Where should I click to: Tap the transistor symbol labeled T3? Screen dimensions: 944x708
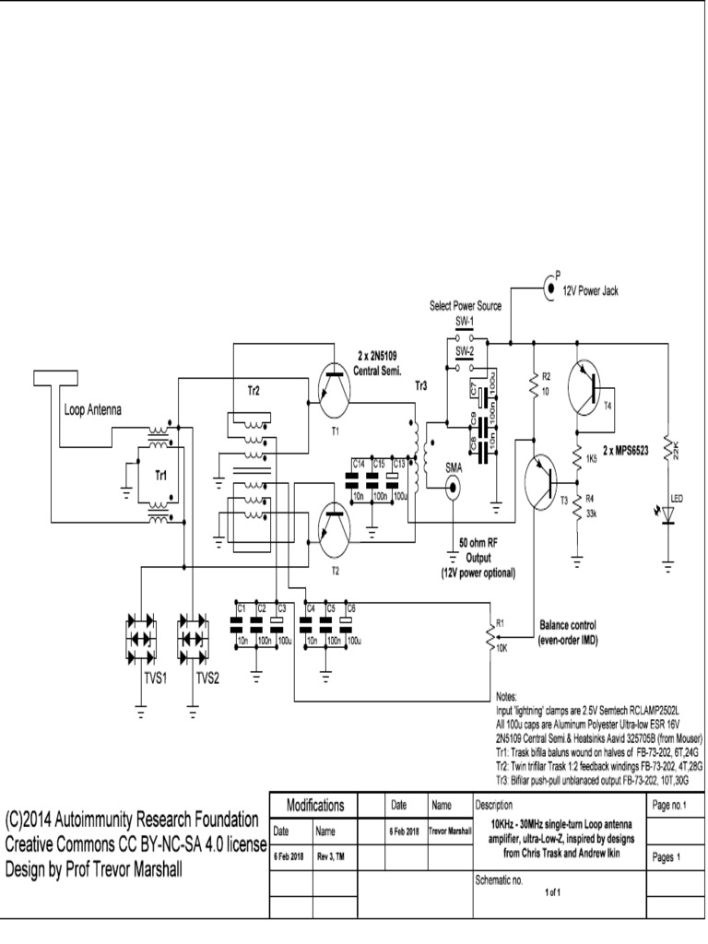[x=543, y=480]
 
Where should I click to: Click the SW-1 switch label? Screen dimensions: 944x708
[x=465, y=322]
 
